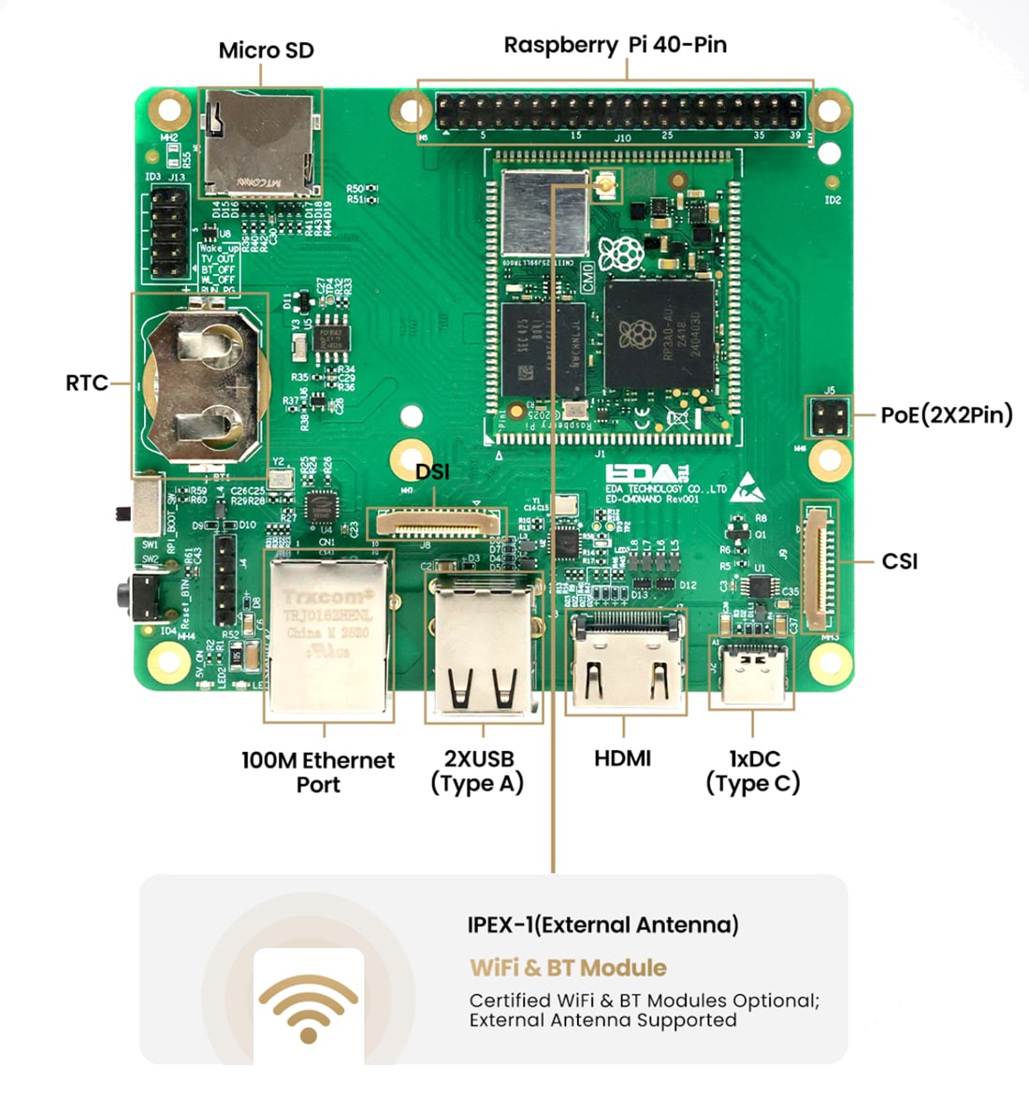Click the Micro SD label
tap(266, 51)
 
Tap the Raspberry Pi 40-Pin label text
tap(615, 45)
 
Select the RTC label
tap(86, 383)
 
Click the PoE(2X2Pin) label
tap(946, 414)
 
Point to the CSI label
tap(899, 561)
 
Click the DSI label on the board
tap(432, 471)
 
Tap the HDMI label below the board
tap(622, 758)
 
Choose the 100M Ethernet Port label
tap(318, 772)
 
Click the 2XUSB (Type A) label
tap(478, 772)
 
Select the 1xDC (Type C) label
tap(753, 772)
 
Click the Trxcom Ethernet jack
tap(327, 634)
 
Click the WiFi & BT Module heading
tap(568, 968)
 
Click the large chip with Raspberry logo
tap(659, 334)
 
